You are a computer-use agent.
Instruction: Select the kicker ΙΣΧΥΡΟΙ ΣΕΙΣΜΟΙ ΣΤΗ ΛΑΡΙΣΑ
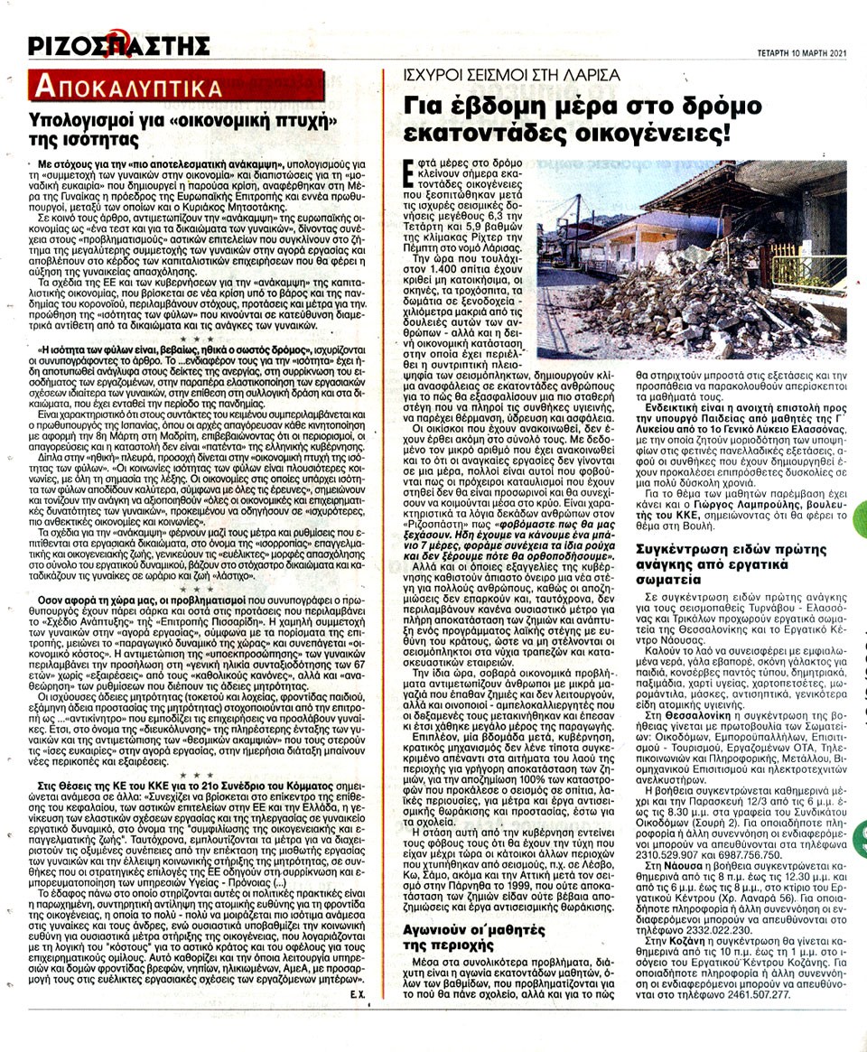click(511, 74)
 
